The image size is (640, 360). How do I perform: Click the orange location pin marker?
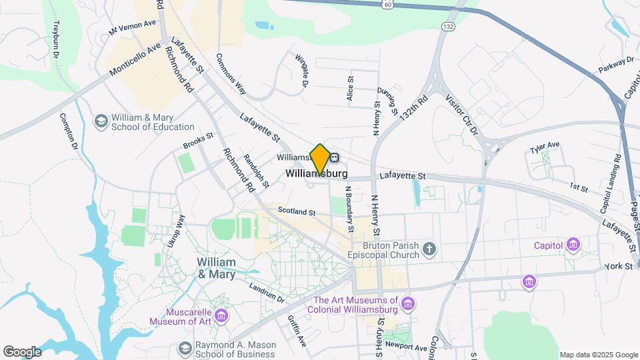(x=320, y=158)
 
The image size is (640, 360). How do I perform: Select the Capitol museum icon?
(x=572, y=245)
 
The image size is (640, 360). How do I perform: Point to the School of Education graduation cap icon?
(x=101, y=121)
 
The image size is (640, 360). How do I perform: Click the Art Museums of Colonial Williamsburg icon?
(x=408, y=305)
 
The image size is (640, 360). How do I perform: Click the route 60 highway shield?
(x=387, y=4)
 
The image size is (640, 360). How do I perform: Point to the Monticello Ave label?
(x=135, y=59)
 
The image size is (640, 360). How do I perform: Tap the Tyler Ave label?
(x=545, y=145)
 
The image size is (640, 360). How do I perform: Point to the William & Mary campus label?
(x=217, y=268)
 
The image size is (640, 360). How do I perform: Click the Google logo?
(x=22, y=351)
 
